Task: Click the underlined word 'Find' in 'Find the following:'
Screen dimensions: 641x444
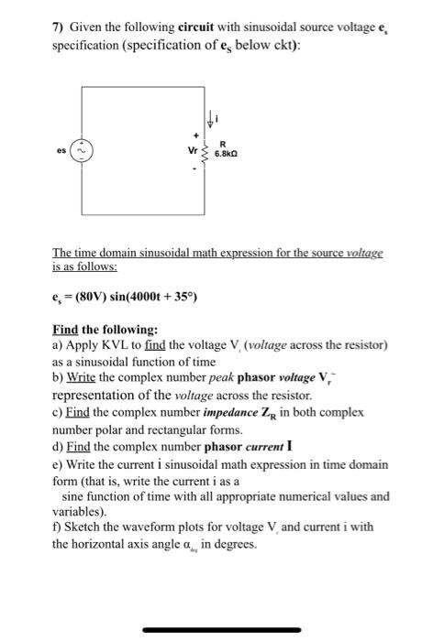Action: tap(66, 329)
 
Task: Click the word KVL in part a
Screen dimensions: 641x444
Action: tap(112, 345)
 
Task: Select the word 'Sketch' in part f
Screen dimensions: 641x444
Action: tap(83, 527)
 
